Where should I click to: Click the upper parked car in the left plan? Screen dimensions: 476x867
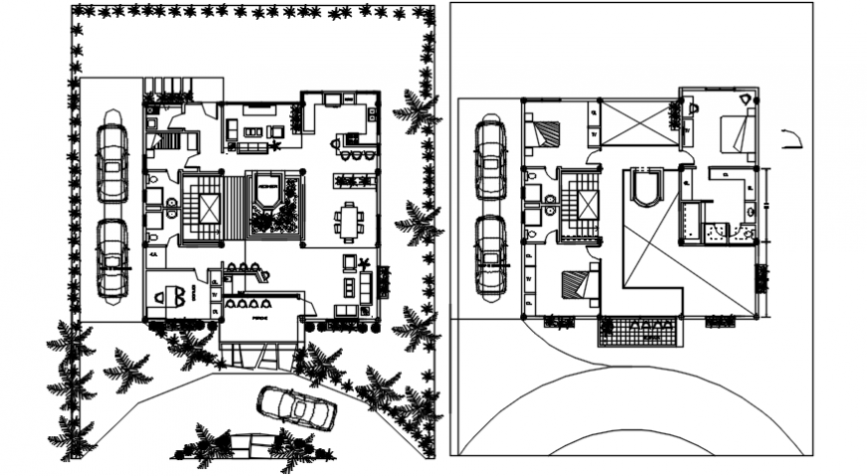coord(111,161)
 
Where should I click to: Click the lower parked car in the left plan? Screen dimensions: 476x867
coord(111,259)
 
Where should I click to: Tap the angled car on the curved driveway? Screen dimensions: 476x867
coord(294,406)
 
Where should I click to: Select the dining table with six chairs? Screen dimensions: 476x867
coord(348,221)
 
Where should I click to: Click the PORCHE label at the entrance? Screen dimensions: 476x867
coord(260,318)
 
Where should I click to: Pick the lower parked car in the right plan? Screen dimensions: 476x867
coord(490,255)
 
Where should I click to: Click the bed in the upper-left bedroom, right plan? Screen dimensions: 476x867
coord(544,132)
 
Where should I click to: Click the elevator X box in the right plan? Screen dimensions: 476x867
coord(586,205)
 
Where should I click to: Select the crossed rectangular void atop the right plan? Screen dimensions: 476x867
coord(639,123)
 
